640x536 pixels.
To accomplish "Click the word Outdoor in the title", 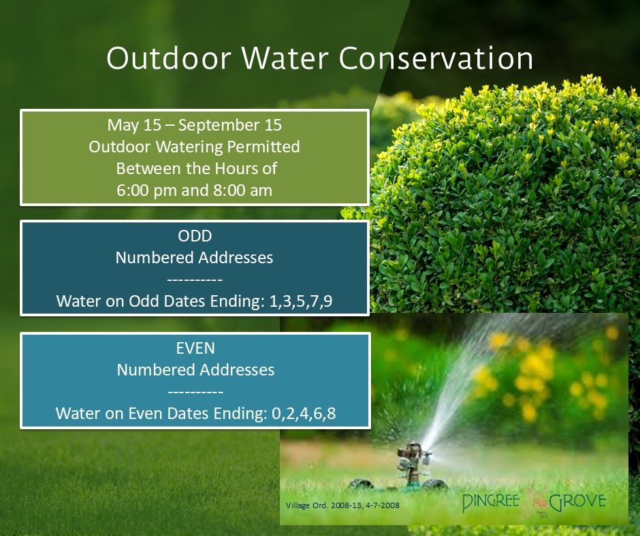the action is (169, 58).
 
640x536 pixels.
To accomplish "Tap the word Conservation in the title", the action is (436, 58).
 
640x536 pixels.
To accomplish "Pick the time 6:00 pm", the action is (146, 190).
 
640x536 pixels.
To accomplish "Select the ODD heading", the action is (195, 236).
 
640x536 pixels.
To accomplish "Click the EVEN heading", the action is (195, 348).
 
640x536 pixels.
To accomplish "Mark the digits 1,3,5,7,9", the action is (301, 301).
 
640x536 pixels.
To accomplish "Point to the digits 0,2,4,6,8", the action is (304, 413).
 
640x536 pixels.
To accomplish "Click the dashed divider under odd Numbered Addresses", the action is (195, 280).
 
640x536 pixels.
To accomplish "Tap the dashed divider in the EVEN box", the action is (195, 392).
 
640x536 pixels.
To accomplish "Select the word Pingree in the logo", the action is (491, 502).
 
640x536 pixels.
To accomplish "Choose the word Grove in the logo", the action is (577, 501).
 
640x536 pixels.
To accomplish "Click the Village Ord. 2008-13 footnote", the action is (342, 505).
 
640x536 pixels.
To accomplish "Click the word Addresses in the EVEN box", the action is (237, 370).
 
